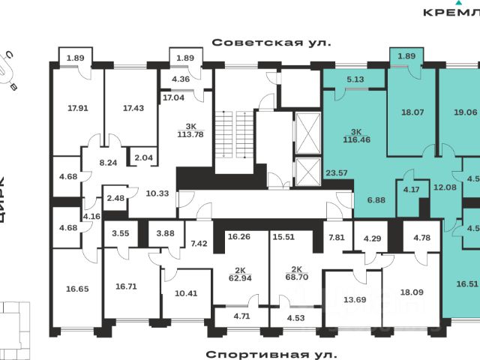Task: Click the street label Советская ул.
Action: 271,42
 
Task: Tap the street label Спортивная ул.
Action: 271,352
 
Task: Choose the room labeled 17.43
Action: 133,108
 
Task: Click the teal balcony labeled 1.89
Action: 406,55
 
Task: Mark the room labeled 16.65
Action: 78,287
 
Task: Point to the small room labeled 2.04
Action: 142,157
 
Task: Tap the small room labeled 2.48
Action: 116,198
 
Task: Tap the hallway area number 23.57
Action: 336,173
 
